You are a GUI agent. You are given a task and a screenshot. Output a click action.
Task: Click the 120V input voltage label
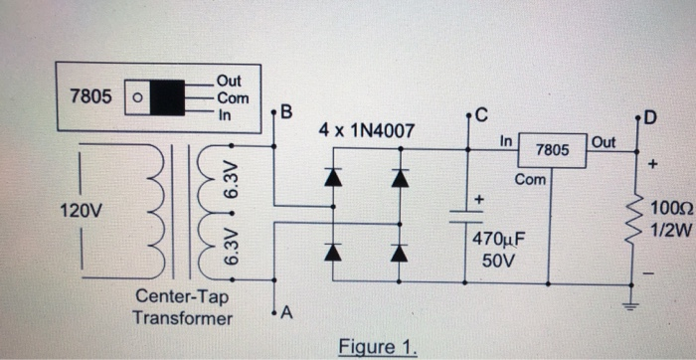point(81,212)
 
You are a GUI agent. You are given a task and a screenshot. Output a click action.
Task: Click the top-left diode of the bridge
point(332,178)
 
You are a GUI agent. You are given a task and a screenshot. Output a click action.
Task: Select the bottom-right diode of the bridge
point(400,252)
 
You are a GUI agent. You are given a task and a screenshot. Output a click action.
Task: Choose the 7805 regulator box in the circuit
point(552,151)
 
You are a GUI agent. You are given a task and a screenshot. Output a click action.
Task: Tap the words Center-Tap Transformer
point(182,307)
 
